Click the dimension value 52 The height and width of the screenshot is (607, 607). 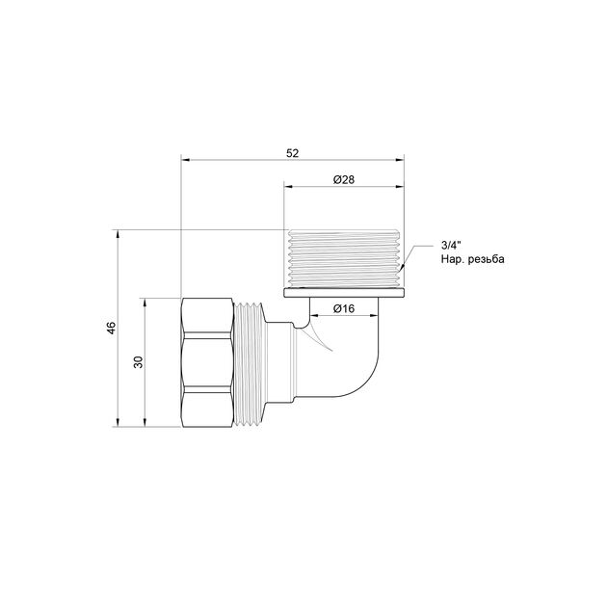[x=293, y=153]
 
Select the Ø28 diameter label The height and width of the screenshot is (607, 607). [x=344, y=179]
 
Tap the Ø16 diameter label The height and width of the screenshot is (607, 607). [x=344, y=308]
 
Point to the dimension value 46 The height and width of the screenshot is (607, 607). [x=111, y=328]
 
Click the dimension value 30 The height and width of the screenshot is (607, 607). [x=138, y=362]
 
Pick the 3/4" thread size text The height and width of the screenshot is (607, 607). [x=451, y=245]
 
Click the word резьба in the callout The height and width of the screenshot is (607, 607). [x=487, y=259]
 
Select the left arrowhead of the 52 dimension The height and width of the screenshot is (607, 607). [x=186, y=160]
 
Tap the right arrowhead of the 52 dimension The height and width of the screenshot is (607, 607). [x=399, y=160]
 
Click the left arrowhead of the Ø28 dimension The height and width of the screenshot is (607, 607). [x=289, y=186]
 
